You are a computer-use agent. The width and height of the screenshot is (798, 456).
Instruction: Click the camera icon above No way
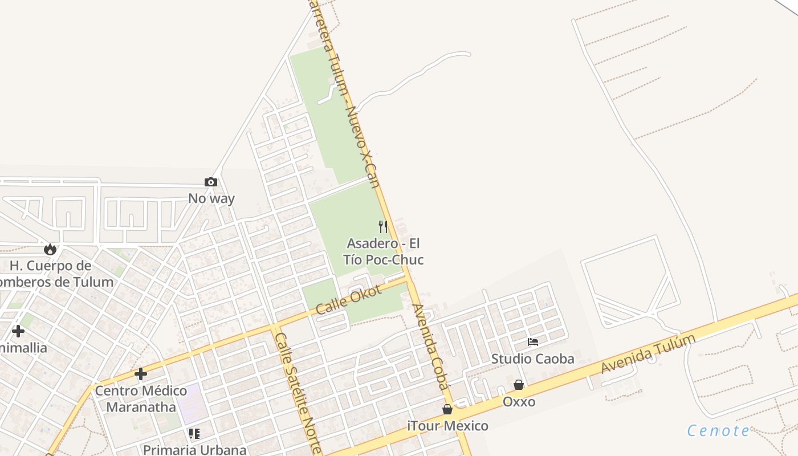(x=211, y=182)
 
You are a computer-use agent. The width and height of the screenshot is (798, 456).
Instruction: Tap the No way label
(x=211, y=199)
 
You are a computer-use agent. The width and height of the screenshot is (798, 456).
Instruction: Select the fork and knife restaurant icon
(x=383, y=227)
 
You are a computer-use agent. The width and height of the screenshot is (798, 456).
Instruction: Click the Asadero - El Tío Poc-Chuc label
(x=383, y=252)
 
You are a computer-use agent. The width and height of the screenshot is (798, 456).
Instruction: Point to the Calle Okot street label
(x=348, y=300)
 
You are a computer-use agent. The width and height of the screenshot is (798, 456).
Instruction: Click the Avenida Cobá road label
(x=431, y=347)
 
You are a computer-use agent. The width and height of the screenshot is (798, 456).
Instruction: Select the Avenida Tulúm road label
(x=649, y=354)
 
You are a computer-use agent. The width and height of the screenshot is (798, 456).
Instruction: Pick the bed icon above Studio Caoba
(x=533, y=342)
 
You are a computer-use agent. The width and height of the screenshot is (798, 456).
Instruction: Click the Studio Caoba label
(x=533, y=359)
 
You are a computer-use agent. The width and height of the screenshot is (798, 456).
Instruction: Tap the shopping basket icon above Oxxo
(x=519, y=385)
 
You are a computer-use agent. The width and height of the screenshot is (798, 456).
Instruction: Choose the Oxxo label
(x=519, y=402)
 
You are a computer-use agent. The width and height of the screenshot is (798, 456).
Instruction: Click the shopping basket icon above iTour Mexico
(x=447, y=409)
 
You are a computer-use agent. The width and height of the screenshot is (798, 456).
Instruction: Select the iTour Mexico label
(x=447, y=426)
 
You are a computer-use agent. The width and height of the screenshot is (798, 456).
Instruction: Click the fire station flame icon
(x=50, y=249)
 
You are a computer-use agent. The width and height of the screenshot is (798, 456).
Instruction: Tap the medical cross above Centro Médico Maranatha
(x=141, y=374)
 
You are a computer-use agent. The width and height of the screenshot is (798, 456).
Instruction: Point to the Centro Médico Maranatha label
(x=141, y=399)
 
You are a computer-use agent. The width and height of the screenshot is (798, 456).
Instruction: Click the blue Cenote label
(x=718, y=431)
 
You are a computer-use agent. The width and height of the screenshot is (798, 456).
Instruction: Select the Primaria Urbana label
(x=194, y=450)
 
